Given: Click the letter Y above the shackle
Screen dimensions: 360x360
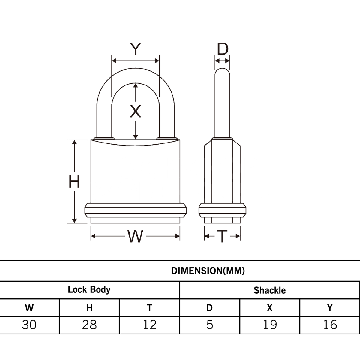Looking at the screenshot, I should click(136, 49).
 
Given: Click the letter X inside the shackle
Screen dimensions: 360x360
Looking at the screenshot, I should click(136, 111).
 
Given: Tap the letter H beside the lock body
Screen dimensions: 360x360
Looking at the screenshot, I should click(74, 181).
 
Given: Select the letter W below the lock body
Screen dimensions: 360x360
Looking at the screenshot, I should click(135, 236).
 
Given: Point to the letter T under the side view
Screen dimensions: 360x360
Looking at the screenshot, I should click(222, 236).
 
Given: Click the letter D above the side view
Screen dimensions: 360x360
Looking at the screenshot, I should click(223, 49).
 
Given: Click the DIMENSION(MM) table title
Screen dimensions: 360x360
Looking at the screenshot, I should click(208, 271).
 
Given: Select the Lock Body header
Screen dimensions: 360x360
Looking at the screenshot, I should click(89, 290).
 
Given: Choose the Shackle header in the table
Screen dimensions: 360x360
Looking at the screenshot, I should click(269, 290).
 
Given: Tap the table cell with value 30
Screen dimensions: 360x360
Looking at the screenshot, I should click(29, 325).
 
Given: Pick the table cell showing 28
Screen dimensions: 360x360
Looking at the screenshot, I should click(89, 325).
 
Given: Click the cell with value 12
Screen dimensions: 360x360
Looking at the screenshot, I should click(149, 325).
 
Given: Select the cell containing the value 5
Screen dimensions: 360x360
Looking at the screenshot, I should click(210, 325).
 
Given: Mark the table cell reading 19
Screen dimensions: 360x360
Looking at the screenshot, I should click(270, 325).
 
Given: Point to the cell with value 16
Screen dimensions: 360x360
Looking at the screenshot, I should click(330, 325).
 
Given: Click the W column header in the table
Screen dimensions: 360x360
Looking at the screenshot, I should click(29, 308).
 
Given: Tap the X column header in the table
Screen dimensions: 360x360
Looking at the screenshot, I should click(270, 308).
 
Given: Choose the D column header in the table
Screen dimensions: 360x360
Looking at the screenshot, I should click(210, 308).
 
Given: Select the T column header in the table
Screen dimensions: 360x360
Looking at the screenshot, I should click(149, 308).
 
